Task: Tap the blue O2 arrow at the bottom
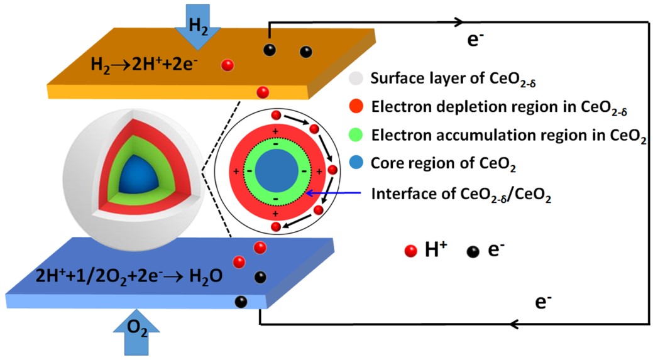pos(136,333)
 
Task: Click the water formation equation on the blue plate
pos(129,276)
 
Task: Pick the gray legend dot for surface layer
pos(356,78)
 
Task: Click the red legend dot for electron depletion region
pos(356,107)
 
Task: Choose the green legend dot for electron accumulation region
pos(356,135)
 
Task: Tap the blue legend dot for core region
pos(356,163)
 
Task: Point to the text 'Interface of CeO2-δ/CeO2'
pos(461,194)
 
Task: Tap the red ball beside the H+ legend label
pos(410,251)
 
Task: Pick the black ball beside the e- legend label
pos(473,251)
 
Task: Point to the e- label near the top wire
pos(475,40)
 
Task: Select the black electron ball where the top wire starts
pos(270,50)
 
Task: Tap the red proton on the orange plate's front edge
pos(263,92)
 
